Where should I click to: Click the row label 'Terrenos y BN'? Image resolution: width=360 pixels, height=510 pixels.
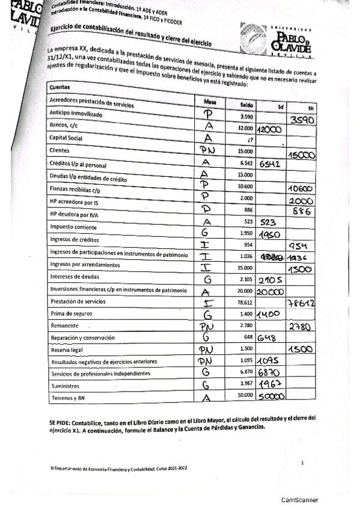[69, 398]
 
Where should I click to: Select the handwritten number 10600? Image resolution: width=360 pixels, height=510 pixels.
[302, 189]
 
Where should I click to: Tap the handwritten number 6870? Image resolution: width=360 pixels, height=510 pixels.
[271, 373]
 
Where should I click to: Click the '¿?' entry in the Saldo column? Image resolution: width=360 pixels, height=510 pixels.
[248, 140]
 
